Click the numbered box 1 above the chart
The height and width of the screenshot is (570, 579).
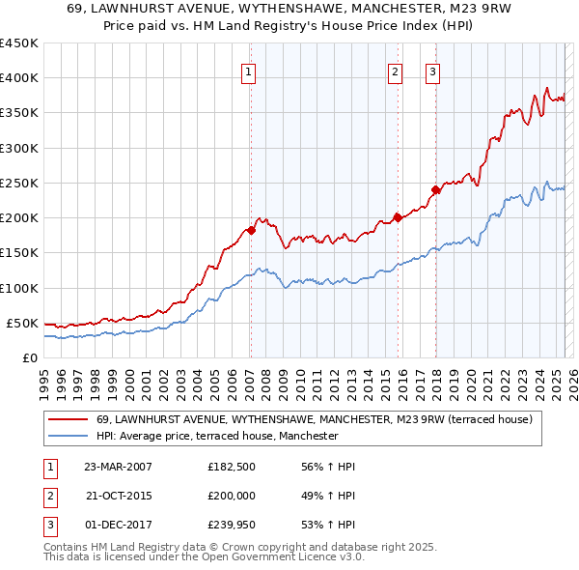pos(249,71)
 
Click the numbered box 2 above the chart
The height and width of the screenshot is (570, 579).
pos(396,71)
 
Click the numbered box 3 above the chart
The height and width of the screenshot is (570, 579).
pos(432,71)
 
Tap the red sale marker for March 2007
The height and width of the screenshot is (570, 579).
pos(251,230)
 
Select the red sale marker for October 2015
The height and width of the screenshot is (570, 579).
pos(398,217)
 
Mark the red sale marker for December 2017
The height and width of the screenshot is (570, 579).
pos(435,189)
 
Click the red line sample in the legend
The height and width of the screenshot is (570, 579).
pos(69,420)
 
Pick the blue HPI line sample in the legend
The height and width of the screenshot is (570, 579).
pos(69,437)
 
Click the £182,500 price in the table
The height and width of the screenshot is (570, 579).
pos(232,467)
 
